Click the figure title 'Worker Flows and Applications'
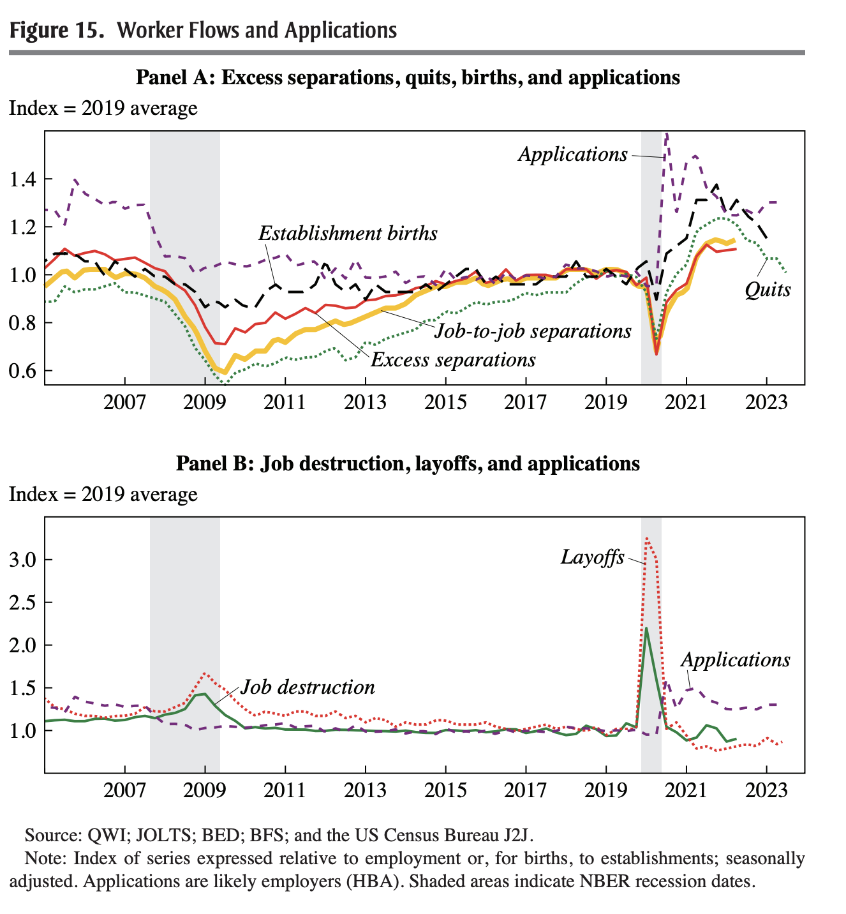pyautogui.click(x=257, y=30)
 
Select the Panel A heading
pyautogui.click(x=408, y=78)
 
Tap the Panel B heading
pyautogui.click(x=408, y=463)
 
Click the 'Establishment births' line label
pyautogui.click(x=348, y=234)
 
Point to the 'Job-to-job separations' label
pyautogui.click(x=533, y=331)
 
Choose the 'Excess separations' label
pyautogui.click(x=453, y=360)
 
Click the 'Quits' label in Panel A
pyautogui.click(x=768, y=290)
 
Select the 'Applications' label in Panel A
pyautogui.click(x=572, y=154)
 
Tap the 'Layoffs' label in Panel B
pyautogui.click(x=592, y=557)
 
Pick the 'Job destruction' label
pyautogui.click(x=308, y=687)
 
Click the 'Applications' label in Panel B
pyautogui.click(x=735, y=660)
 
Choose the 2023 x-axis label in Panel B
pyautogui.click(x=766, y=791)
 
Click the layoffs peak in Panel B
pyautogui.click(x=647, y=538)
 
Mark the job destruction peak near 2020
pyautogui.click(x=646, y=628)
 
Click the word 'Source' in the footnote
pyautogui.click(x=50, y=835)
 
